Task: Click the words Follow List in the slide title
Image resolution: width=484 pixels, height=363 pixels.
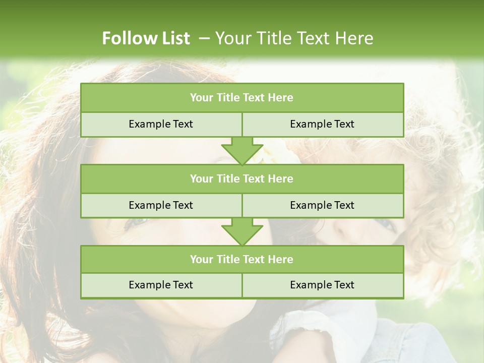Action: pyautogui.click(x=146, y=38)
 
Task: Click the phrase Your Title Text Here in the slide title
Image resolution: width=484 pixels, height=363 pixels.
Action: pyautogui.click(x=294, y=38)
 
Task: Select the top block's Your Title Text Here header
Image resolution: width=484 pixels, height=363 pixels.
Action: pyautogui.click(x=241, y=97)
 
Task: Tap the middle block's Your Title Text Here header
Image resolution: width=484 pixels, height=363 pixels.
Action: pyautogui.click(x=241, y=178)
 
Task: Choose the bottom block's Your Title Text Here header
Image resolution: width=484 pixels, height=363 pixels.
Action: pyautogui.click(x=241, y=259)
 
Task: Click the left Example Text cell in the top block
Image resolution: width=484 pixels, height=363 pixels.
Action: pyautogui.click(x=161, y=124)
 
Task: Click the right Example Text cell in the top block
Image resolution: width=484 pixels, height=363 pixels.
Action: pyautogui.click(x=322, y=124)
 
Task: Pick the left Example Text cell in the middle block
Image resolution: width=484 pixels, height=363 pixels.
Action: pyautogui.click(x=161, y=205)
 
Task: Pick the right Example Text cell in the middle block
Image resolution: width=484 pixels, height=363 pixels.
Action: pyautogui.click(x=322, y=205)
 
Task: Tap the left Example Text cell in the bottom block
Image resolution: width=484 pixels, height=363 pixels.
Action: pyautogui.click(x=161, y=285)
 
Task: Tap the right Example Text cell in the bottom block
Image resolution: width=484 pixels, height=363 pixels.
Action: pyautogui.click(x=322, y=285)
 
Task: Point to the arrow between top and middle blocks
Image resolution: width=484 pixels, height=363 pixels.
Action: pyautogui.click(x=242, y=151)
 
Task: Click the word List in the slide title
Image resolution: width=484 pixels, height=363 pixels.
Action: pyautogui.click(x=176, y=38)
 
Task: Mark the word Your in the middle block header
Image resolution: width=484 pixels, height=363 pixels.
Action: pyautogui.click(x=201, y=178)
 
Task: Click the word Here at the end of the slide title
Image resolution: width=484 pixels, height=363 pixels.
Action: pyautogui.click(x=355, y=38)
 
